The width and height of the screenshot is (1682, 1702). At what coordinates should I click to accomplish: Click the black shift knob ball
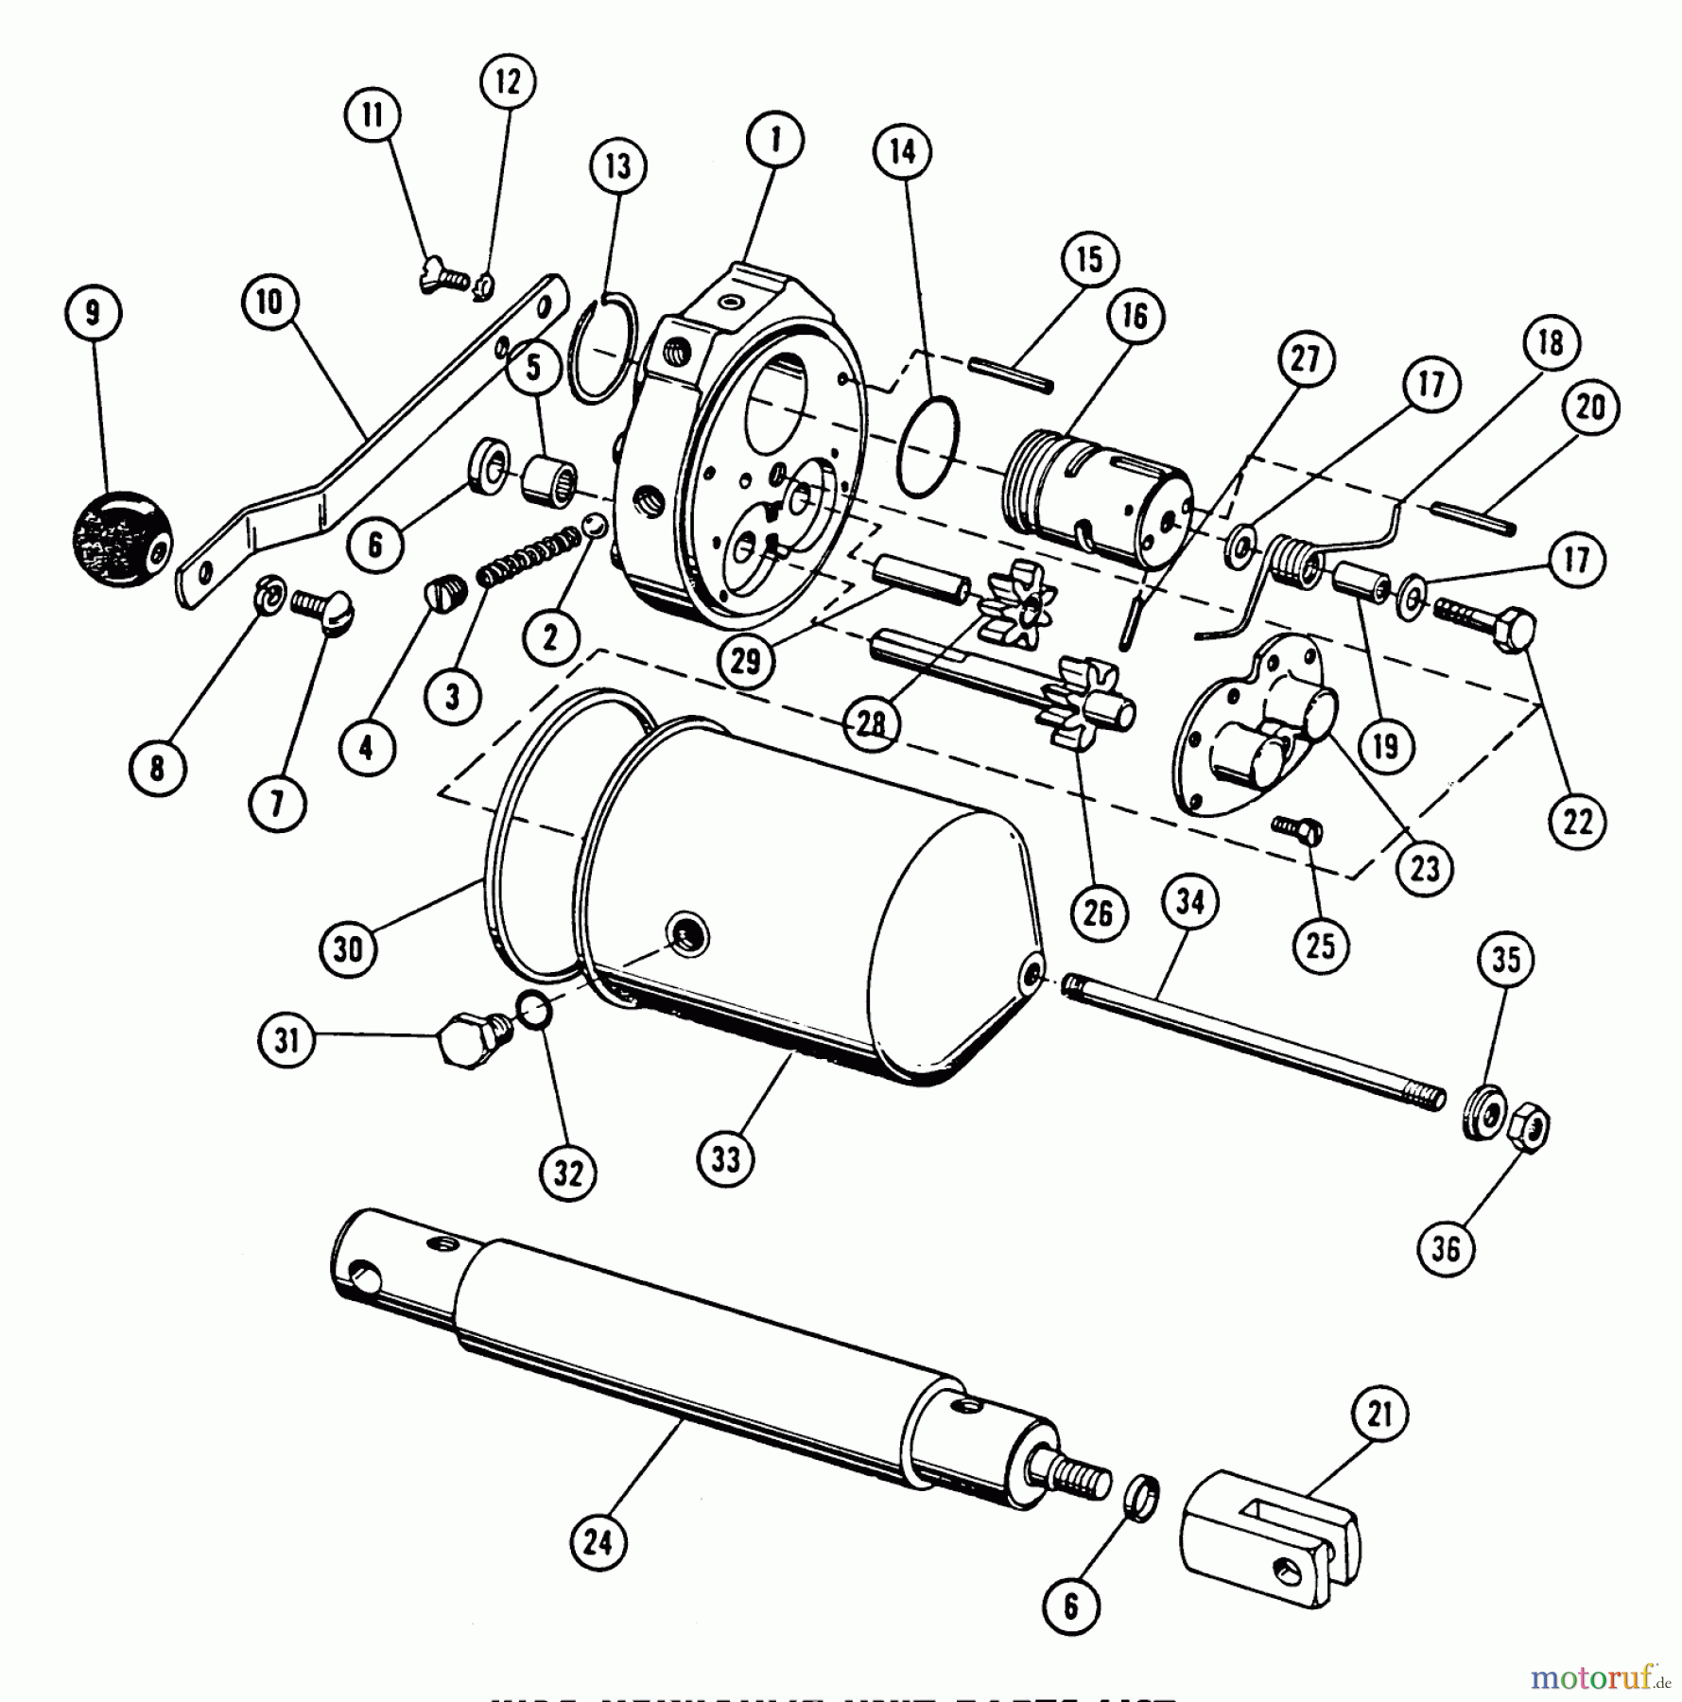click(122, 540)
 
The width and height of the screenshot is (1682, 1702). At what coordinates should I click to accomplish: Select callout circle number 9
click(93, 313)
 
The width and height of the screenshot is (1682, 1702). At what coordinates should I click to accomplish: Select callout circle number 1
click(774, 141)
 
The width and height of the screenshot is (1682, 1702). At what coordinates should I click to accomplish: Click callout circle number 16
click(1135, 317)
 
